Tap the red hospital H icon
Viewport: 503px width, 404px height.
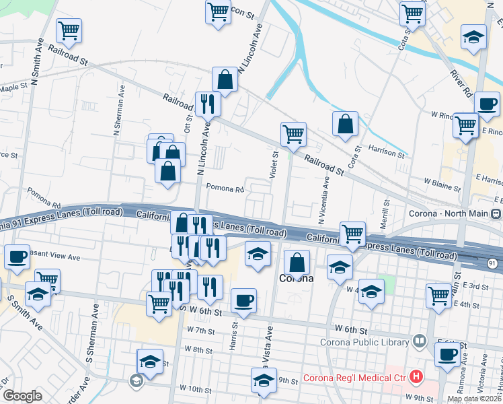pos(417,377)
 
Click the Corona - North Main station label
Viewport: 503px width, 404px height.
pos(449,214)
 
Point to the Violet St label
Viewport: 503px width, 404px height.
pos(274,165)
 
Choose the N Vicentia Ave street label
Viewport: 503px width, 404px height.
pos(324,199)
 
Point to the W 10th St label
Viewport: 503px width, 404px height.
pos(196,389)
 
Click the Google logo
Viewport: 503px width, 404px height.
pos(22,396)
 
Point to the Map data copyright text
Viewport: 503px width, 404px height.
pos(474,399)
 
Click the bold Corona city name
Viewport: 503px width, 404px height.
pos(297,278)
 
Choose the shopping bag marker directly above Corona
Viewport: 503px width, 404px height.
pos(297,262)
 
